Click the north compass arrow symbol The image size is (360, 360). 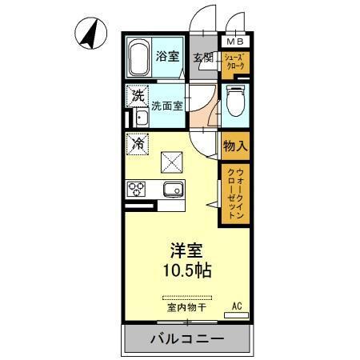click(x=92, y=33)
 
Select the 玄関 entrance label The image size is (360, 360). click(x=203, y=58)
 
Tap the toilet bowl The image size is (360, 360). click(x=235, y=102)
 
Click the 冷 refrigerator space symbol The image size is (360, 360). click(x=138, y=145)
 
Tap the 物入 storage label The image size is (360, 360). click(x=234, y=146)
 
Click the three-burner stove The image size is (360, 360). click(x=135, y=189)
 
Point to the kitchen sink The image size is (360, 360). click(x=173, y=189)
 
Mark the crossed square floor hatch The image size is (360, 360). click(x=173, y=163)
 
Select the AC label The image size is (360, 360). click(x=237, y=306)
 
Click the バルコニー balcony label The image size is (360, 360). click(x=186, y=339)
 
